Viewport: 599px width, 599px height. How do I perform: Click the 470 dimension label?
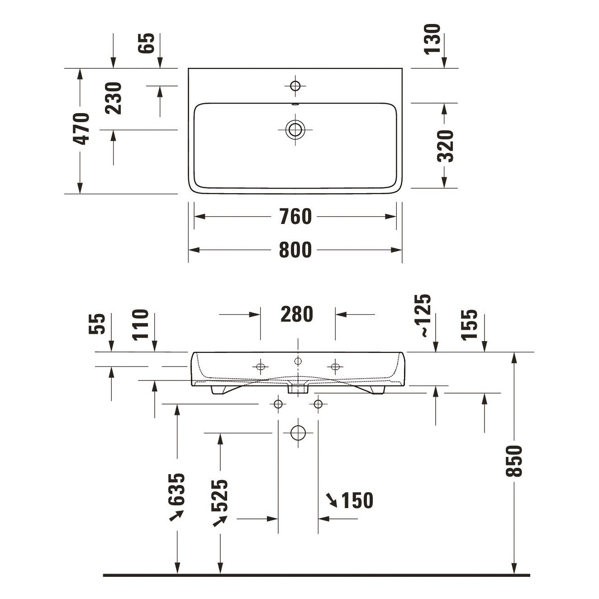81,128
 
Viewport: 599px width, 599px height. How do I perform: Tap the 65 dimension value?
146,43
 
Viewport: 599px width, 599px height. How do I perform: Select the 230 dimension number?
113,98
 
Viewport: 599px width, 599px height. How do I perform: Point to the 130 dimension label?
433,39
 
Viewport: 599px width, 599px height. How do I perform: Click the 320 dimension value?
446,146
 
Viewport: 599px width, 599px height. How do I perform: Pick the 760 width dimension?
295,217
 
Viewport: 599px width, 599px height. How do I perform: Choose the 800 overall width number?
295,250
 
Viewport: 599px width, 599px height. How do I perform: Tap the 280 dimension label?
297,314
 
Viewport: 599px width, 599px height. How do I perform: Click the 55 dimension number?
97,324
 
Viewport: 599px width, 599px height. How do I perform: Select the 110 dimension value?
141,325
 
